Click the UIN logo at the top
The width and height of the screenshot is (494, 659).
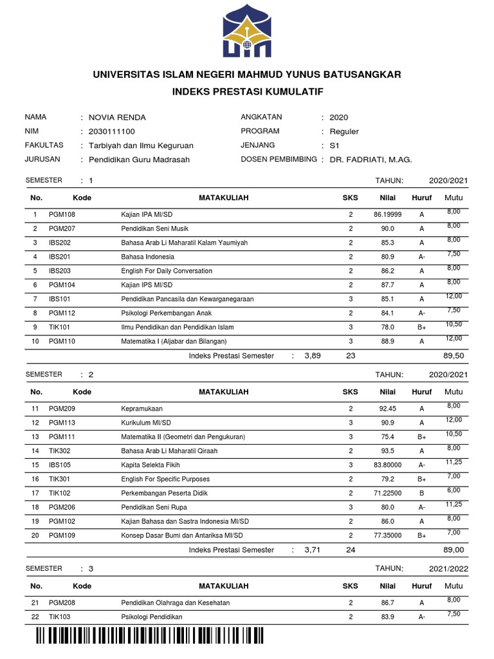(247, 31)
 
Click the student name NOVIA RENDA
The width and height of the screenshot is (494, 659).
(117, 117)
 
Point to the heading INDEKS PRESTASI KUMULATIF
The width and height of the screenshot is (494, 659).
(247, 93)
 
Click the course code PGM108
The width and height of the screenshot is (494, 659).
(62, 214)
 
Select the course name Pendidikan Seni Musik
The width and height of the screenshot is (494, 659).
(154, 228)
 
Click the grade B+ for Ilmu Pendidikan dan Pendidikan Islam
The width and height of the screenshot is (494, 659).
(422, 327)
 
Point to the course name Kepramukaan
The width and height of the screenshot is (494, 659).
(142, 409)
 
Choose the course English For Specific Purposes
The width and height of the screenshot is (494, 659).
(165, 479)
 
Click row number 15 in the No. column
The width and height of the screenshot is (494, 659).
(36, 465)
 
